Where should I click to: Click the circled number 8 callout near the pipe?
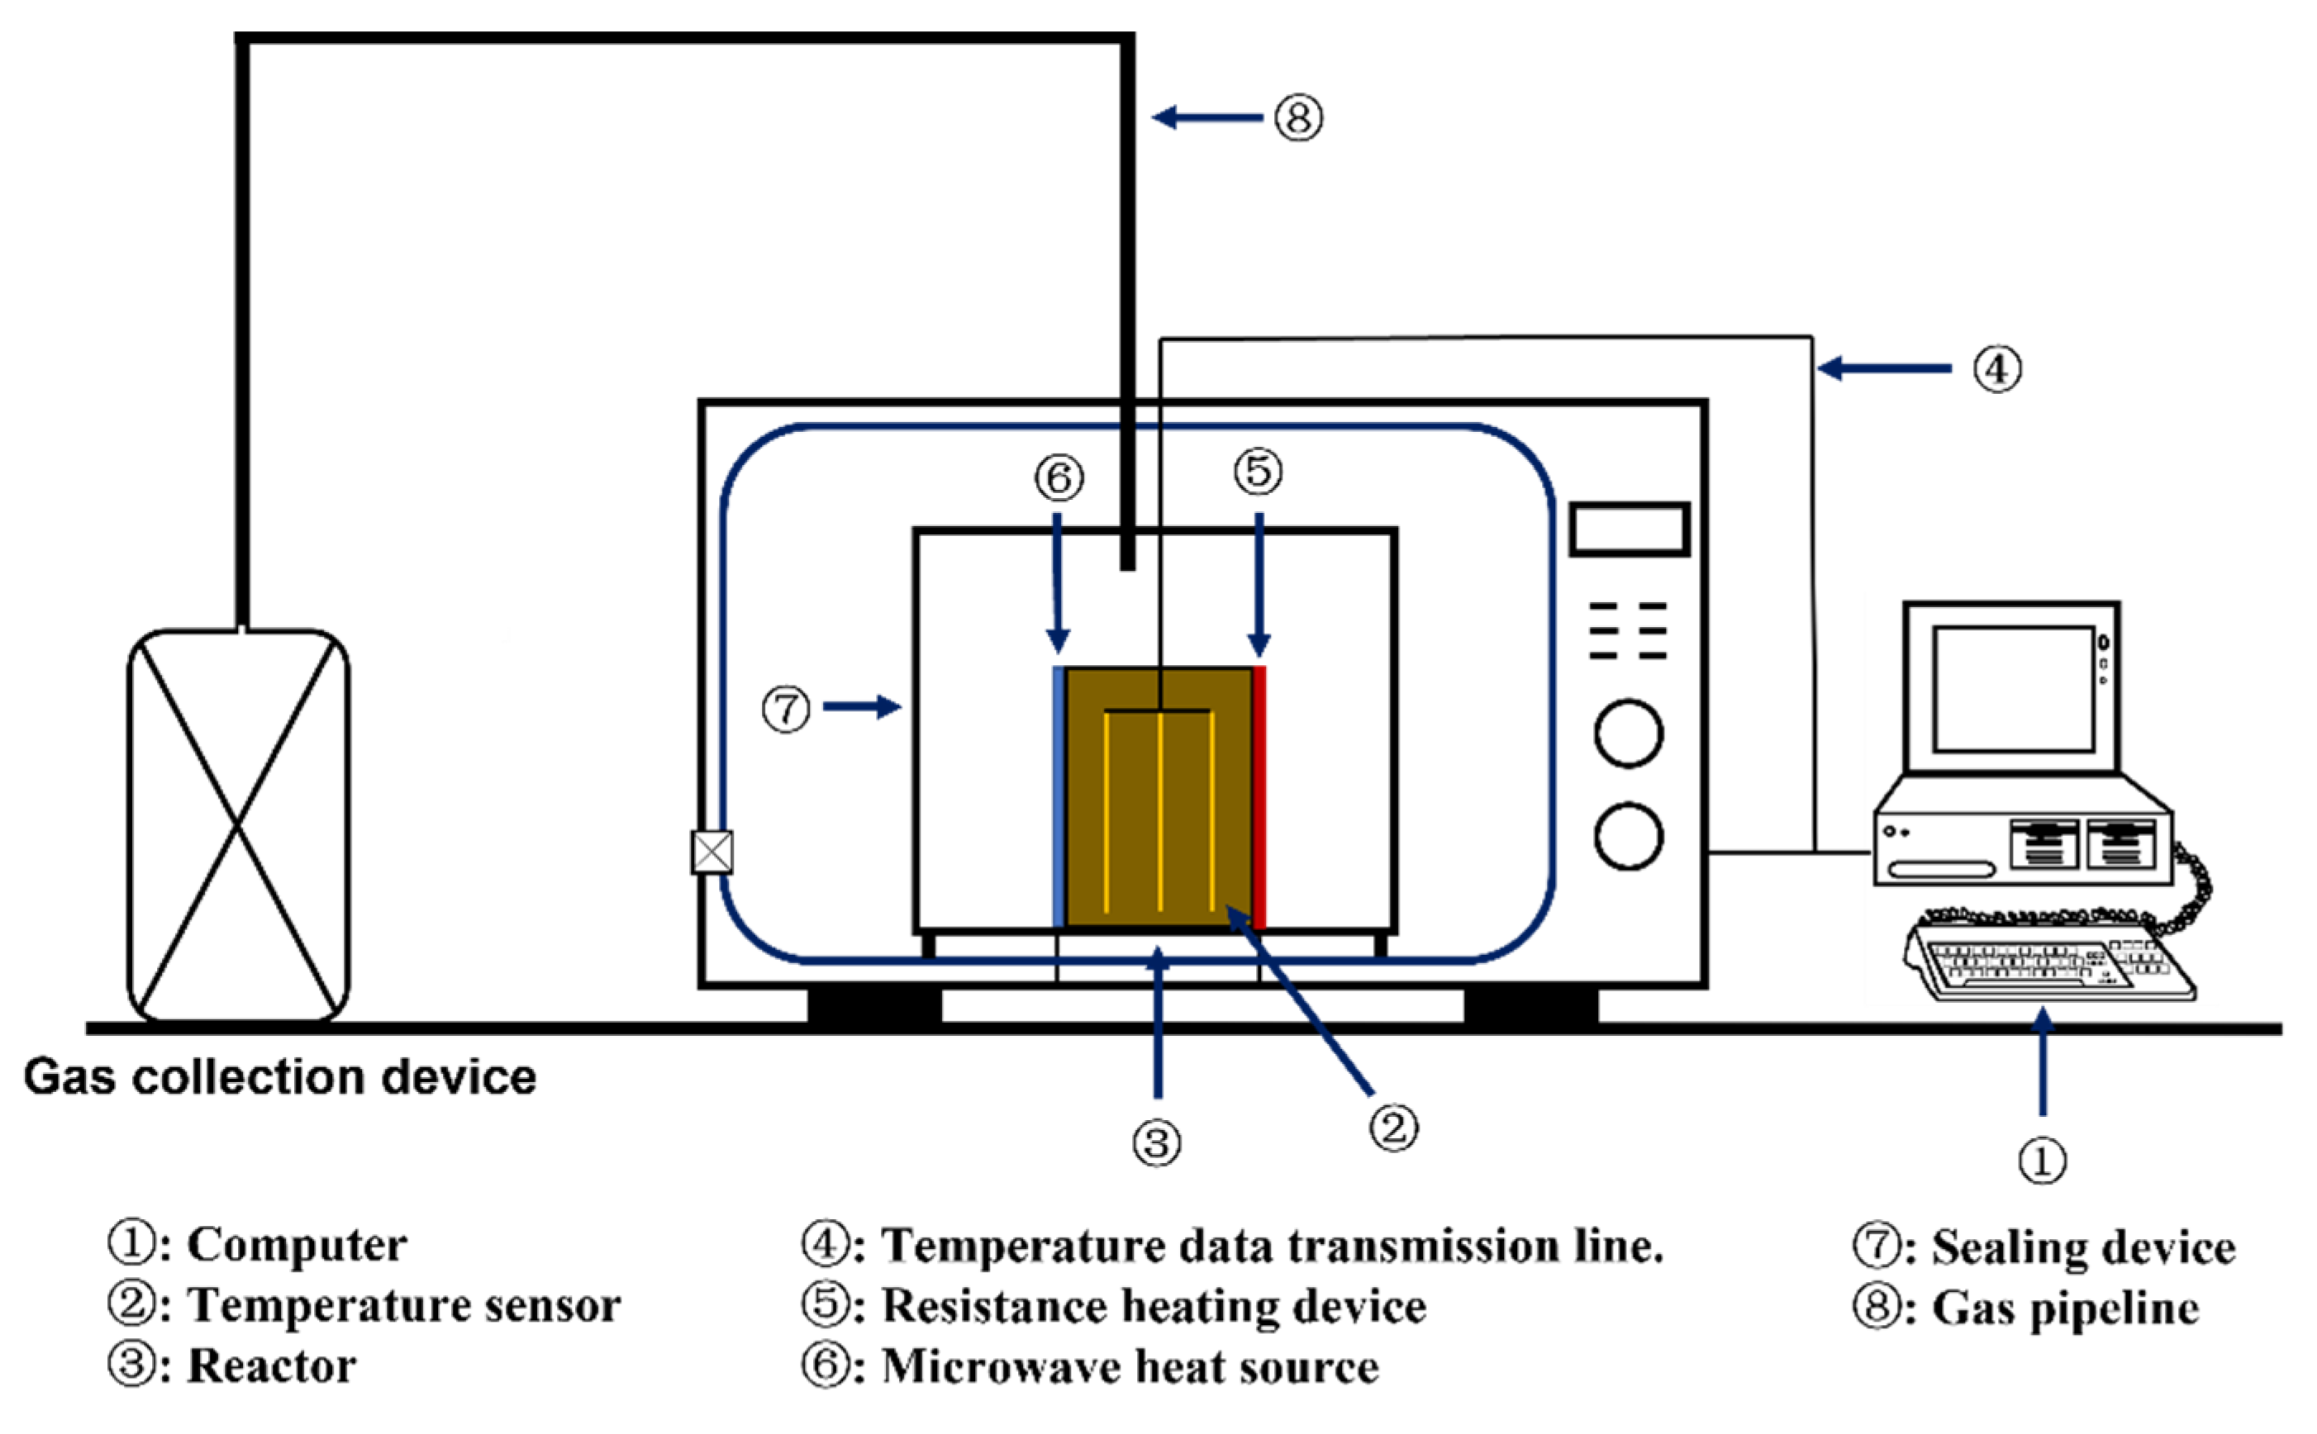(1298, 119)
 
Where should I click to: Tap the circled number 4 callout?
(1997, 369)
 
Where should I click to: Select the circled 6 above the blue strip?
(1059, 478)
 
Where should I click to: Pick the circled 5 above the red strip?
(1258, 472)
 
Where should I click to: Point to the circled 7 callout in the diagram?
(787, 710)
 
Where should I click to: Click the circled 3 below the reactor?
(1157, 1143)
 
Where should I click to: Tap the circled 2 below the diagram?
(1394, 1128)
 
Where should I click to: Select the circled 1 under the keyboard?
(2042, 1160)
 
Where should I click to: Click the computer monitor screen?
(2014, 690)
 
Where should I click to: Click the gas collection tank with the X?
(238, 826)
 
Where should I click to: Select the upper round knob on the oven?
(1629, 734)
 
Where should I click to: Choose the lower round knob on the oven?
(1629, 837)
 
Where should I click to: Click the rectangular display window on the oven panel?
(1630, 529)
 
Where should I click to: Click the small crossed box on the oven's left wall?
(711, 852)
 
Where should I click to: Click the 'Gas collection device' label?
(280, 1077)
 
